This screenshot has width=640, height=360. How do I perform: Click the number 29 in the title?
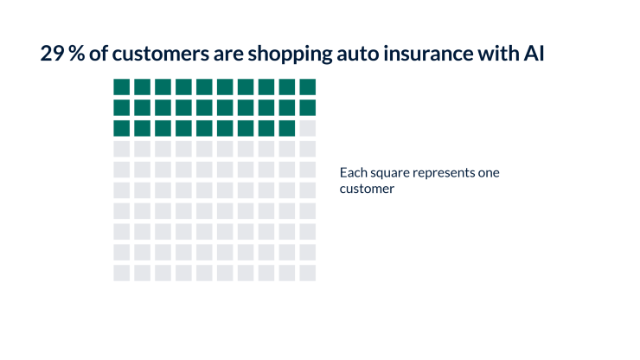coord(52,54)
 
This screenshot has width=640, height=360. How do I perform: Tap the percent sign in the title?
coord(76,54)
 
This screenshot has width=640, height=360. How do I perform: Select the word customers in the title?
coord(161,54)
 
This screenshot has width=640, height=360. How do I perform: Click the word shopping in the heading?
coord(291,55)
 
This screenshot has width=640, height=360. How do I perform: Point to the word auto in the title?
coord(358,55)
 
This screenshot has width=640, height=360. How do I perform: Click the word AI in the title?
coord(534,54)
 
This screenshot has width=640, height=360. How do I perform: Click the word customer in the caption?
coord(367,189)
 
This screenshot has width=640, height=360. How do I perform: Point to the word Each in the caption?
coord(354,172)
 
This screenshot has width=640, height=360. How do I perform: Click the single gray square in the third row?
coord(307,128)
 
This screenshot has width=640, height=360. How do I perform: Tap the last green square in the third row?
coord(287,128)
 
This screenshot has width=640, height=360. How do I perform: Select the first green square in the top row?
coord(122,87)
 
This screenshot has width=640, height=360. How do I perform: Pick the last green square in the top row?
coord(307,87)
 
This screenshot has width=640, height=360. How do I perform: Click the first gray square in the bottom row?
coord(122,273)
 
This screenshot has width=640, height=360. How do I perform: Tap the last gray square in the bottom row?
coord(307,273)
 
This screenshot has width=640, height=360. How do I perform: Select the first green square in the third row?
coord(122,128)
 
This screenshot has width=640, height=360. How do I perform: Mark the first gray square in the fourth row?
coord(122,149)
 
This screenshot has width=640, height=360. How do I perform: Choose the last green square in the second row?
coord(307,108)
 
